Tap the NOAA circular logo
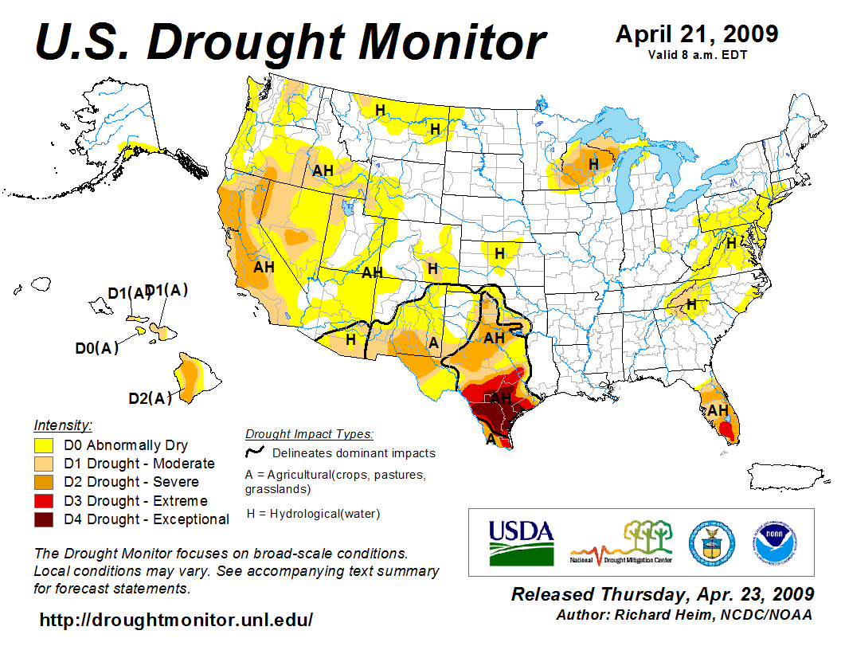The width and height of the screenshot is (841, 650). [x=771, y=542]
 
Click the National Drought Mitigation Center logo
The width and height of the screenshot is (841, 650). [x=621, y=542]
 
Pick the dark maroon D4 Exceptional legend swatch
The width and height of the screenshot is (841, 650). [x=45, y=519]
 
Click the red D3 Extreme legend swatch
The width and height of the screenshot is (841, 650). [x=45, y=501]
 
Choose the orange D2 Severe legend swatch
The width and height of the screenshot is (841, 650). [x=45, y=483]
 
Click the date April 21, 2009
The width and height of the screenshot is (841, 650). [x=697, y=34]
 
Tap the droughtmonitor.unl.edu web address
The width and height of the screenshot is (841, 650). [x=176, y=619]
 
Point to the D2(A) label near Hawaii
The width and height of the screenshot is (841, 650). [x=150, y=398]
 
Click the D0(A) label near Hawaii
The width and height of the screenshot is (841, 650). [x=96, y=348]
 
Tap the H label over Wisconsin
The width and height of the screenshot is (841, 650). [x=593, y=163]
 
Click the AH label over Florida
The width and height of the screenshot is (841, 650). [x=718, y=410]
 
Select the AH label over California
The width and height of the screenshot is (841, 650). [x=264, y=267]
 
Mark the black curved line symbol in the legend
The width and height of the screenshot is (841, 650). [x=255, y=452]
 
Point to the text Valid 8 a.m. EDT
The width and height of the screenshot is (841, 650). [x=697, y=55]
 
